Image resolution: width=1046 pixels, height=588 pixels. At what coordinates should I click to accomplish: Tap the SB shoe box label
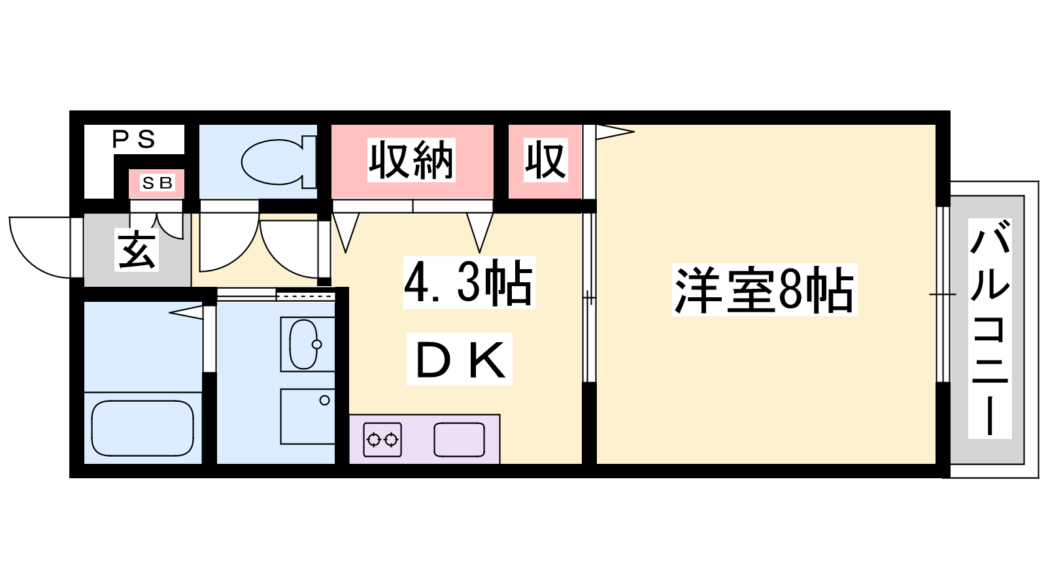(158, 183)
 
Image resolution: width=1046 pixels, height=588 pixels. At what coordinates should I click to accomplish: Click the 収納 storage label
(411, 160)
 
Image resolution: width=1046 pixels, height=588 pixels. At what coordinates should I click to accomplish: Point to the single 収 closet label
(545, 160)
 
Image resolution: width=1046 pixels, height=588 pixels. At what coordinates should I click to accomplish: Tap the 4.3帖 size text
(469, 283)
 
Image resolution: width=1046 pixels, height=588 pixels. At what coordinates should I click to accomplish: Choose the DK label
(460, 359)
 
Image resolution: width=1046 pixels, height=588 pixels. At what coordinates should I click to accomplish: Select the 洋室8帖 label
(764, 290)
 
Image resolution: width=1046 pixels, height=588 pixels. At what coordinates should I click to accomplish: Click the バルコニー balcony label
(990, 328)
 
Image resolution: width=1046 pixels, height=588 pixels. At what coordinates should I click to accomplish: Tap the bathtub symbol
(143, 428)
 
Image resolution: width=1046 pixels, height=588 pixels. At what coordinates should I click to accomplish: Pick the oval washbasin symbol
(304, 344)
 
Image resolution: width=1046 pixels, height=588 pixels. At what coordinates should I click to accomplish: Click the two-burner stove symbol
(382, 439)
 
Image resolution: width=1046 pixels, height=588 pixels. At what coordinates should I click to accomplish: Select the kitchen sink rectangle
(459, 439)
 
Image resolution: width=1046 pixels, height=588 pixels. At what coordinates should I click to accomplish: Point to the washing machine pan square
(307, 417)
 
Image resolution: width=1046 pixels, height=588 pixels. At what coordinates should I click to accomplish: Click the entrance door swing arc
(40, 248)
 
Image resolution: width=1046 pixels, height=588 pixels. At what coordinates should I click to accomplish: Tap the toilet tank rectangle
(310, 161)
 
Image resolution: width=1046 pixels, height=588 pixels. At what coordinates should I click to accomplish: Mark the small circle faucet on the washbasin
(317, 345)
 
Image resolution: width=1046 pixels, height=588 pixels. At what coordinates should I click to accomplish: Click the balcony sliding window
(943, 295)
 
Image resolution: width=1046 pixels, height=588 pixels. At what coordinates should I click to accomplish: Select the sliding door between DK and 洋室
(589, 297)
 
